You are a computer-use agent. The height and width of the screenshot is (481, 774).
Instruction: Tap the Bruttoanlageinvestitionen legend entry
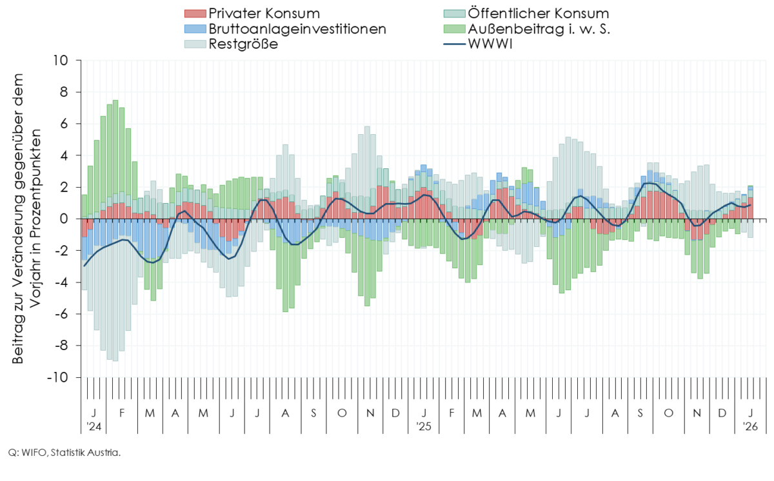pyautogui.click(x=297, y=29)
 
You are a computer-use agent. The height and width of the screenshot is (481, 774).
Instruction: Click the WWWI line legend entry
pyautogui.click(x=489, y=44)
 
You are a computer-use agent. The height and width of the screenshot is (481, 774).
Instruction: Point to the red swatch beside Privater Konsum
pyautogui.click(x=195, y=14)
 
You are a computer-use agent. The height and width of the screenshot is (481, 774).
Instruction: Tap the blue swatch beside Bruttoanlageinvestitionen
pyautogui.click(x=195, y=29)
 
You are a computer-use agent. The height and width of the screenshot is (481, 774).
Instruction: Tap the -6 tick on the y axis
pyautogui.click(x=61, y=314)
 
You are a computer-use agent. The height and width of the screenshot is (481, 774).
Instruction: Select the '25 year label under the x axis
pyautogui.click(x=423, y=426)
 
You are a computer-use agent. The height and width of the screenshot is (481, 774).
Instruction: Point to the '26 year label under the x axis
pyautogui.click(x=749, y=426)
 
